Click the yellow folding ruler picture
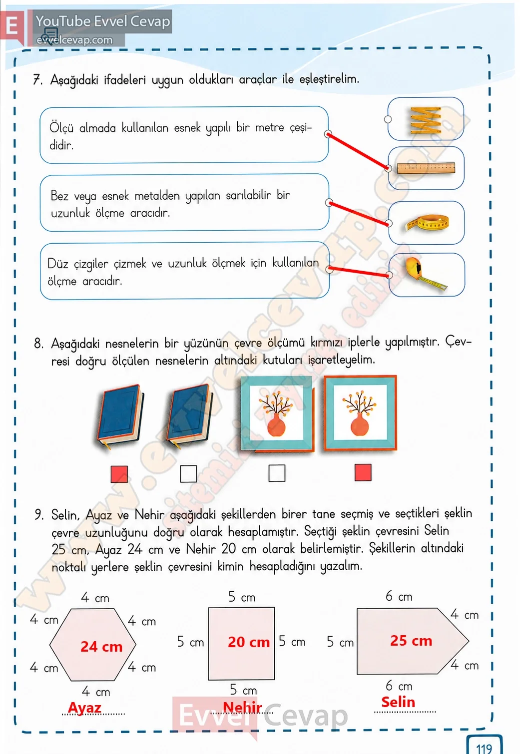[426, 119]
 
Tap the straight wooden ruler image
[426, 168]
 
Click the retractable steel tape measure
[425, 274]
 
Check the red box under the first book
[119, 474]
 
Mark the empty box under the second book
[188, 474]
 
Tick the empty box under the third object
[277, 473]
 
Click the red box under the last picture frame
[363, 472]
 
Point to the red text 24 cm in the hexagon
[101, 646]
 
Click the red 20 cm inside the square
[249, 642]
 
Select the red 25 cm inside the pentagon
[411, 641]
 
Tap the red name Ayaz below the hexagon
[84, 707]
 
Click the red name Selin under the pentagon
[398, 702]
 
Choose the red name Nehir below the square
[242, 707]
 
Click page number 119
[484, 749]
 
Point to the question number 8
[38, 344]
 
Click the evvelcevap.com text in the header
[74, 40]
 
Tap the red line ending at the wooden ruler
[358, 151]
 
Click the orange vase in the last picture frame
[360, 425]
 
